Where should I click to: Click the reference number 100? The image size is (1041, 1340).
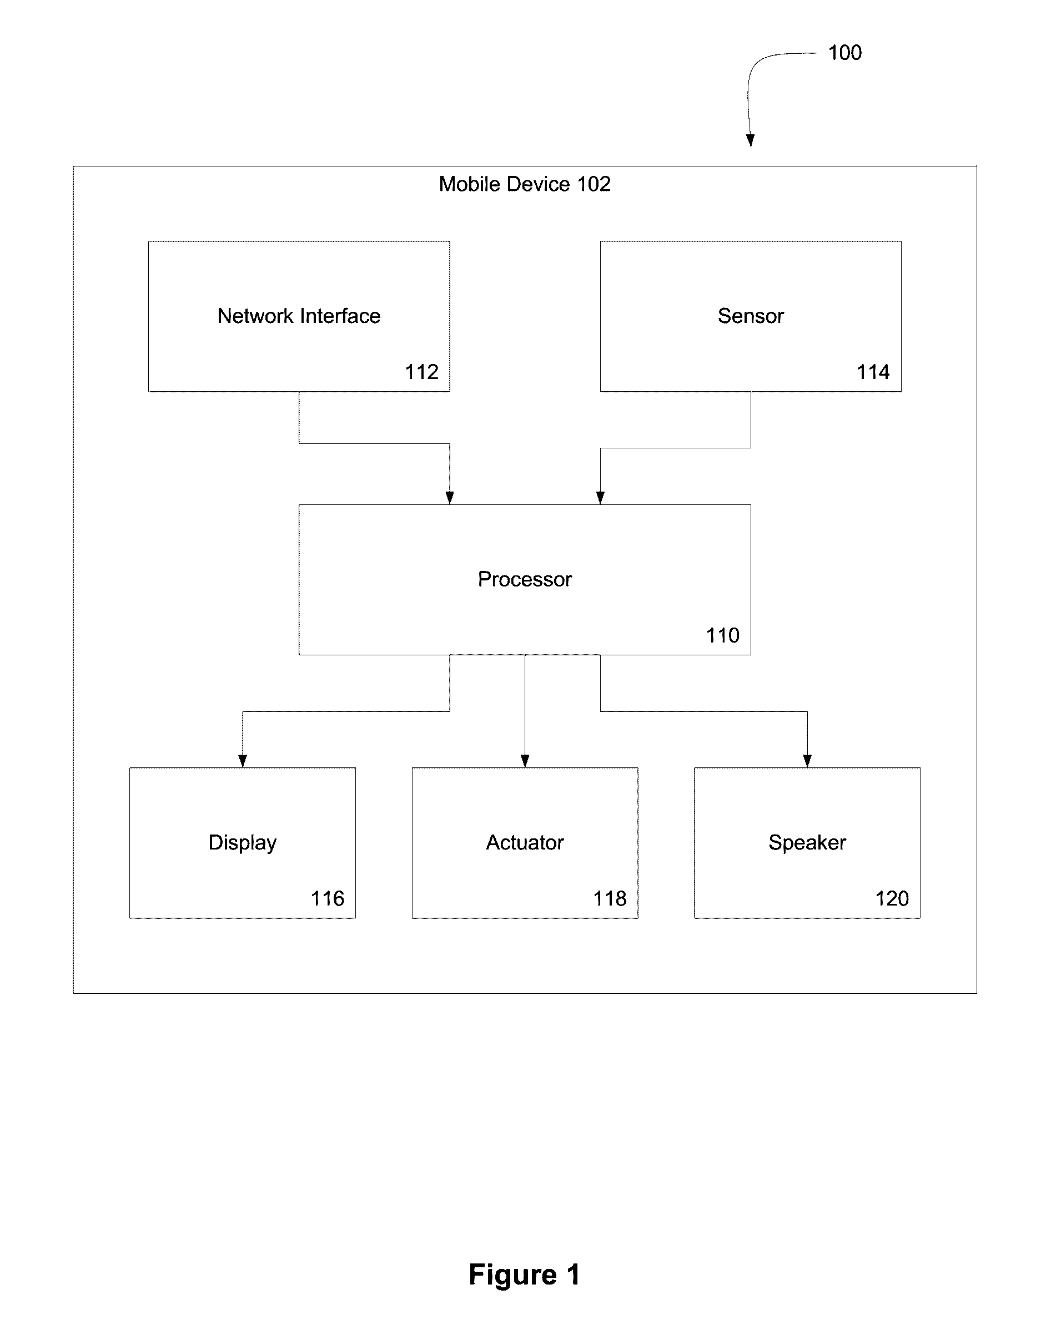tap(844, 53)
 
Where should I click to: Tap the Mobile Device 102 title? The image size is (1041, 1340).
tap(524, 184)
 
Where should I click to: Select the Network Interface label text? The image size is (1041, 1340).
tap(299, 316)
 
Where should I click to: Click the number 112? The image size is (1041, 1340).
tap(422, 372)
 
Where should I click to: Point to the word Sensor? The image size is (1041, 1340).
tap(751, 316)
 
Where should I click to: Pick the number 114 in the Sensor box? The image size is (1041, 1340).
tap(873, 372)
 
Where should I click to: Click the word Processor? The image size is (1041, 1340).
tap(525, 579)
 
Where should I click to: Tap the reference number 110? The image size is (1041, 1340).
tap(722, 635)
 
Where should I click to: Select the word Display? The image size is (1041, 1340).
tap(243, 843)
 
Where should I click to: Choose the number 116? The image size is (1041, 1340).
tap(327, 898)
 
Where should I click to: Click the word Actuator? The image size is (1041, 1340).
tap(525, 842)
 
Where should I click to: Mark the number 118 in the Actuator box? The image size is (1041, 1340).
tap(610, 898)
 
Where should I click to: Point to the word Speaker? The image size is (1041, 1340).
tap(807, 843)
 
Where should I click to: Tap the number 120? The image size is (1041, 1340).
tap(892, 898)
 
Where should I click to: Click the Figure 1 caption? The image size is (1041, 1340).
tap(524, 1275)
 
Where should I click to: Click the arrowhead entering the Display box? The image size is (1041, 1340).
tap(243, 761)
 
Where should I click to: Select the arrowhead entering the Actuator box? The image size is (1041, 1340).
tap(525, 761)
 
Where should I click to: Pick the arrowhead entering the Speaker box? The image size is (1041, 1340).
tap(807, 761)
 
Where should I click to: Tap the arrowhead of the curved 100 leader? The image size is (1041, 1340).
tap(750, 140)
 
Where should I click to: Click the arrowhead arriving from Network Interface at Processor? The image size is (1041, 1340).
tap(450, 498)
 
